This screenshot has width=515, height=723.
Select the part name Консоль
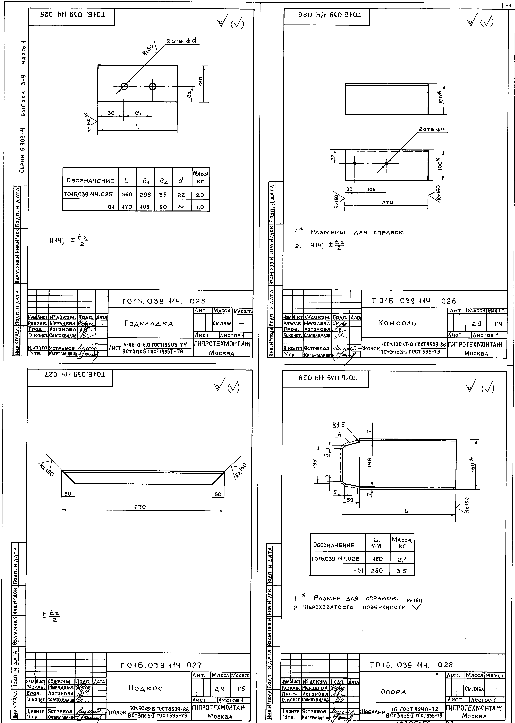click(x=397, y=323)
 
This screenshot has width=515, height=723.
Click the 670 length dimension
click(x=140, y=507)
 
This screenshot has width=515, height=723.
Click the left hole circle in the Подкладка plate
click(x=124, y=86)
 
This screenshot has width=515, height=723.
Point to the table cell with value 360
click(x=127, y=194)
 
